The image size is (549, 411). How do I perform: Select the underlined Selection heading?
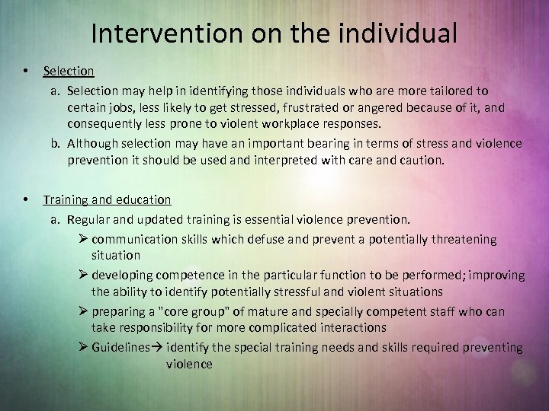[69, 71]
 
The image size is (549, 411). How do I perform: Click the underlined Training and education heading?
[107, 199]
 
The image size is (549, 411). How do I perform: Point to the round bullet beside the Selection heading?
[27, 71]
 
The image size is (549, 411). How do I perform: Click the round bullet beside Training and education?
[27, 199]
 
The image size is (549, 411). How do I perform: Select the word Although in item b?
[93, 143]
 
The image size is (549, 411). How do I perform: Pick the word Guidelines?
[120, 347]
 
